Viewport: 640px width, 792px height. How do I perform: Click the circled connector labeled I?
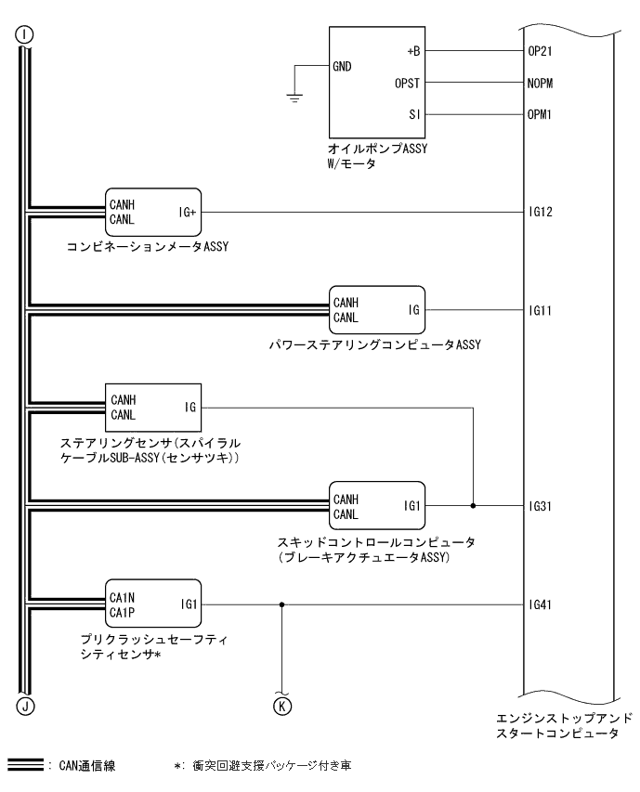pyautogui.click(x=25, y=35)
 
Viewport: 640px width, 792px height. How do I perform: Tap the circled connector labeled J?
pyautogui.click(x=25, y=706)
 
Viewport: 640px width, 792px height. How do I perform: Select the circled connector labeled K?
pyautogui.click(x=281, y=707)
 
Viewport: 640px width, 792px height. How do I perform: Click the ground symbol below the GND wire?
pyautogui.click(x=294, y=98)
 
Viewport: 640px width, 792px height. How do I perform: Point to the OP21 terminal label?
pyautogui.click(x=540, y=51)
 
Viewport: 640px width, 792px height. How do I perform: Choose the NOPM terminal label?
pyautogui.click(x=540, y=84)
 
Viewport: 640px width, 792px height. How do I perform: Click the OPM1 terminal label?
pyautogui.click(x=540, y=114)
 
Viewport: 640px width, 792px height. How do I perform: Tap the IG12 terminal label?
pyautogui.click(x=541, y=212)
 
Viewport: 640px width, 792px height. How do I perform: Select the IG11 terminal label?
pyautogui.click(x=540, y=311)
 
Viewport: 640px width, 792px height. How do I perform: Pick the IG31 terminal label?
pyautogui.click(x=540, y=506)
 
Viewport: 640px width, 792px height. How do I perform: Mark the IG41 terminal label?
pyautogui.click(x=540, y=604)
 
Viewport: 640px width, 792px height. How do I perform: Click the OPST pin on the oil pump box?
pyautogui.click(x=407, y=84)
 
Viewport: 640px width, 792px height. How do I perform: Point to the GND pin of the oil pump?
pyautogui.click(x=342, y=67)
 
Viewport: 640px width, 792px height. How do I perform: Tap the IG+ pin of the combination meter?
pyautogui.click(x=188, y=213)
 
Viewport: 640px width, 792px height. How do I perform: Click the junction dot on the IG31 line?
pyautogui.click(x=473, y=506)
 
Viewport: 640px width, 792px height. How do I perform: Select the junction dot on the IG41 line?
pyautogui.click(x=281, y=604)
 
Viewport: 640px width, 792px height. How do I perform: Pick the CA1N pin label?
pyautogui.click(x=123, y=598)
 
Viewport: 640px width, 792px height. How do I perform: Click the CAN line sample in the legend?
pyautogui.click(x=25, y=765)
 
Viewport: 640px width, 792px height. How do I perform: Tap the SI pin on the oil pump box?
pyautogui.click(x=414, y=115)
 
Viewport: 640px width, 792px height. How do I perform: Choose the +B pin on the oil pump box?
pyautogui.click(x=413, y=51)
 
